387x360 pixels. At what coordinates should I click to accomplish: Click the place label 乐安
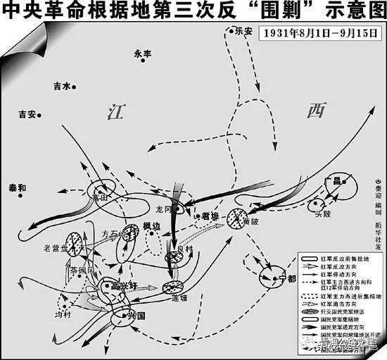(x=243, y=31)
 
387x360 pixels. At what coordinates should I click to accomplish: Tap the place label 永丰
(x=143, y=52)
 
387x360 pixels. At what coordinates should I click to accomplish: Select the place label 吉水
(x=63, y=86)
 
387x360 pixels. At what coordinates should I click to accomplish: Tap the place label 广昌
(x=333, y=181)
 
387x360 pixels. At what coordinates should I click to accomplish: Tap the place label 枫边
(x=153, y=226)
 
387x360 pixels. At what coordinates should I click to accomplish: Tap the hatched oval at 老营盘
(x=75, y=245)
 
